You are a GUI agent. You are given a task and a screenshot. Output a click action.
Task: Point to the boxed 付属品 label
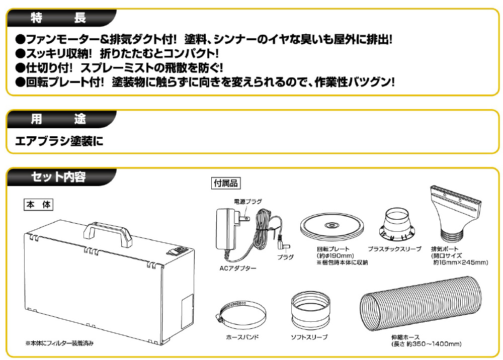225,183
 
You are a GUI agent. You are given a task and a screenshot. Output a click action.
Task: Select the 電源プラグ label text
248,201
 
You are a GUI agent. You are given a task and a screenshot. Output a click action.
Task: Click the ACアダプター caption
237,268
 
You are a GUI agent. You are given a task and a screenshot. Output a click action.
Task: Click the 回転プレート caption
333,249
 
